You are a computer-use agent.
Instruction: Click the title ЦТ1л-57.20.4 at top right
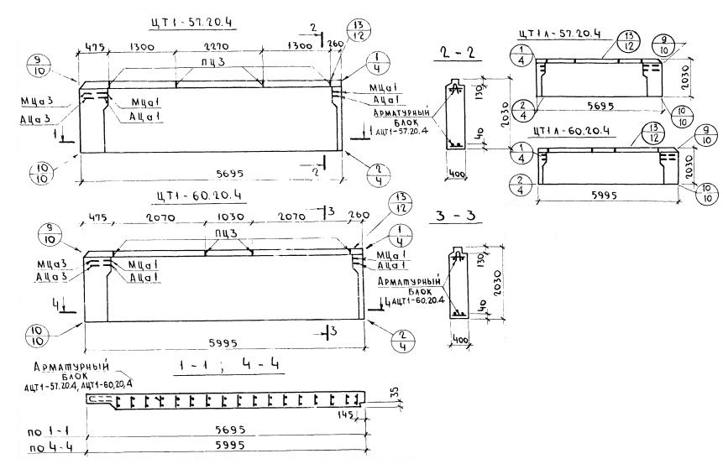pos(559,34)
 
